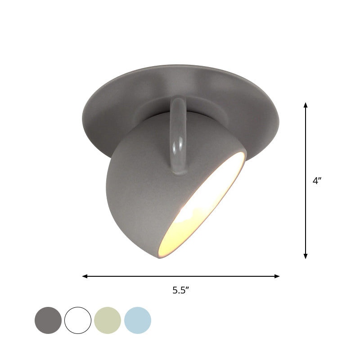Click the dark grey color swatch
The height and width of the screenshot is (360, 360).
(48, 320)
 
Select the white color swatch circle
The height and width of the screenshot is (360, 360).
(78, 320)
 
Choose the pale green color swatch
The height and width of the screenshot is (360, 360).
(108, 320)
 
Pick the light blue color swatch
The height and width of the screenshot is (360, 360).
(138, 320)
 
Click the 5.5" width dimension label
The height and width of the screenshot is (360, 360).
(180, 290)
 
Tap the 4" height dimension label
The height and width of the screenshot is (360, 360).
(317, 181)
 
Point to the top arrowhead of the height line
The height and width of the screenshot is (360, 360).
(306, 105)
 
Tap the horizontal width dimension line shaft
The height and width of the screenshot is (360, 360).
(135, 276)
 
